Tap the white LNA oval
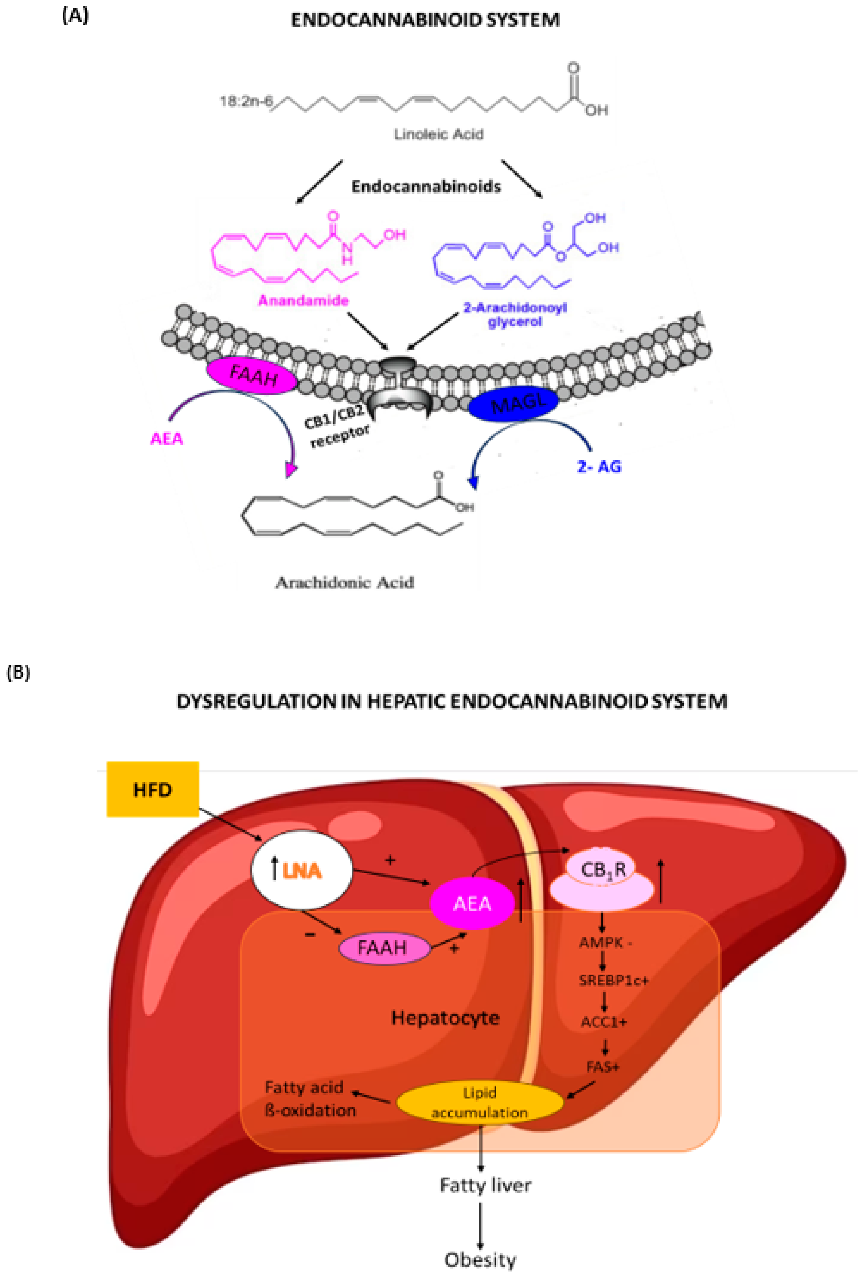(x=302, y=871)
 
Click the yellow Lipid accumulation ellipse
(x=479, y=1102)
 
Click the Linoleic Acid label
(x=438, y=134)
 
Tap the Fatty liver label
(x=486, y=1185)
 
